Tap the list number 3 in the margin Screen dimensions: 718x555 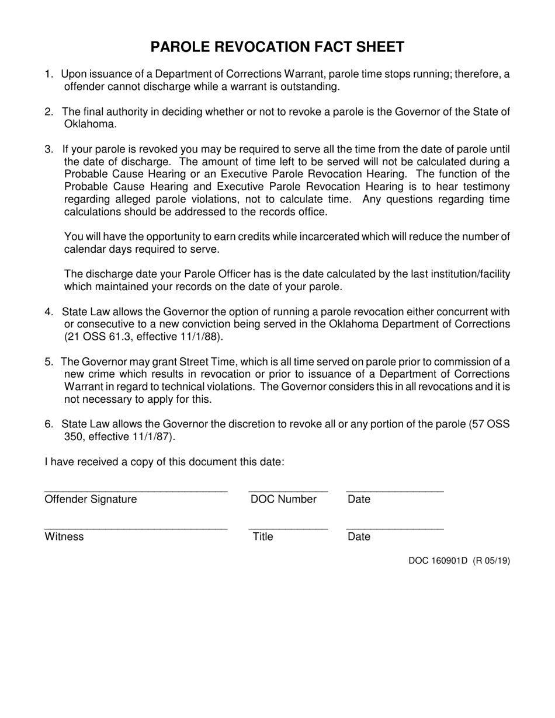pyautogui.click(x=48, y=149)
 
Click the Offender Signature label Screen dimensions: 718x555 pyautogui.click(x=91, y=500)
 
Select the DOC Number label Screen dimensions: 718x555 pyautogui.click(x=283, y=500)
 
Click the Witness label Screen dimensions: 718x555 pyautogui.click(x=64, y=537)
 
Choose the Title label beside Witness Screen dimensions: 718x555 pyautogui.click(x=262, y=537)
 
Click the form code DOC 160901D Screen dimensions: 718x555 pyautogui.click(x=438, y=562)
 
